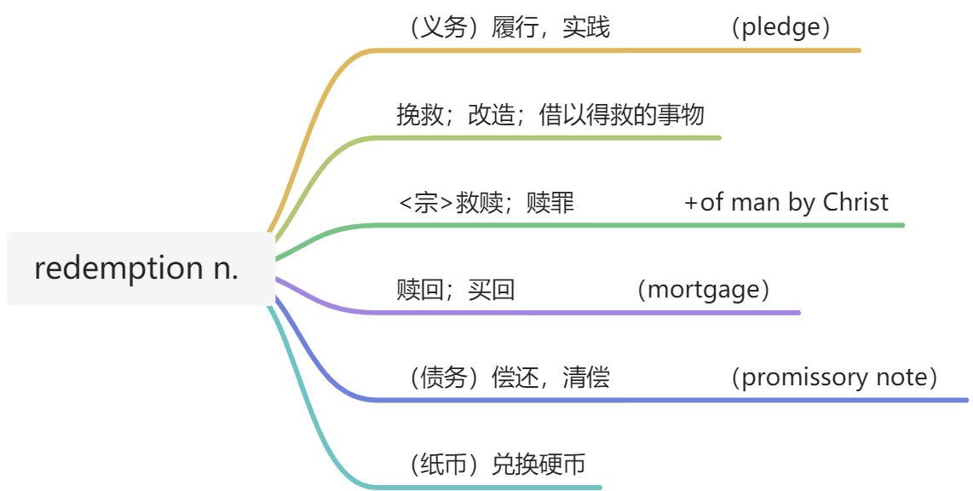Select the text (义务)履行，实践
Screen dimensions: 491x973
(509, 27)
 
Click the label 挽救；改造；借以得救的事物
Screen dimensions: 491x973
(550, 114)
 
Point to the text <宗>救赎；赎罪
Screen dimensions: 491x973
(486, 203)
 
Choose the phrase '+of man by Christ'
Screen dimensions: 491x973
(786, 203)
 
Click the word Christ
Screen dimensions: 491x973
(855, 203)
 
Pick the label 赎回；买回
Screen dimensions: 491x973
(455, 290)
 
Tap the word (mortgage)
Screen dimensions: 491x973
(703, 290)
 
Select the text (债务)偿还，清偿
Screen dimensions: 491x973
(509, 378)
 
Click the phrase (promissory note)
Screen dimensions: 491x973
(834, 378)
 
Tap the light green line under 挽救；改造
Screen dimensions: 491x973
(554, 137)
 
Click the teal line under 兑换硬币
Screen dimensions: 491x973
(511, 488)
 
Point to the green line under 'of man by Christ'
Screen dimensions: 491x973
(786, 225)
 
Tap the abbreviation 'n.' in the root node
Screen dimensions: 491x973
(227, 269)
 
